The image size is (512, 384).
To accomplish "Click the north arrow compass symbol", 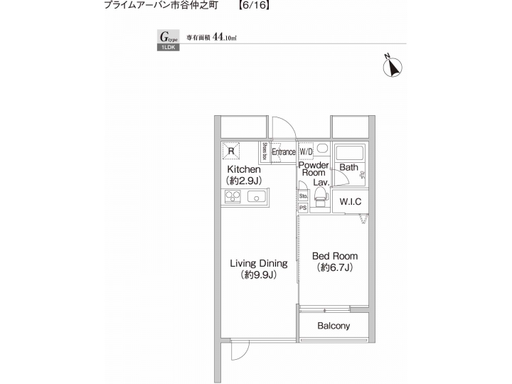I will click(392, 66).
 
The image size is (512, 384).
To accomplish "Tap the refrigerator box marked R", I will click(231, 151).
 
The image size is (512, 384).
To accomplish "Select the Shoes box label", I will click(265, 152).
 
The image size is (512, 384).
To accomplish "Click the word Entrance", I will click(283, 152).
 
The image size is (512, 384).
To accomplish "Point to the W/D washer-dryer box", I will click(306, 152).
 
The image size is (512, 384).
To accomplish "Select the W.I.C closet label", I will click(350, 202).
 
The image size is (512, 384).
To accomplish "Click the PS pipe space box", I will click(303, 208).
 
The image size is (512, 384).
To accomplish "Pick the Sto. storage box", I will click(303, 196).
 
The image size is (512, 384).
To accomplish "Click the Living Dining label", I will click(258, 263).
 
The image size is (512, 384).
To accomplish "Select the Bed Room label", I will click(335, 256).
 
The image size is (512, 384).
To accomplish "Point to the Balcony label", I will click(334, 326).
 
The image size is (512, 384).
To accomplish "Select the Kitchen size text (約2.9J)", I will click(244, 181).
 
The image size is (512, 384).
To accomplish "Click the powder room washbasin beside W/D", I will click(321, 151).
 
